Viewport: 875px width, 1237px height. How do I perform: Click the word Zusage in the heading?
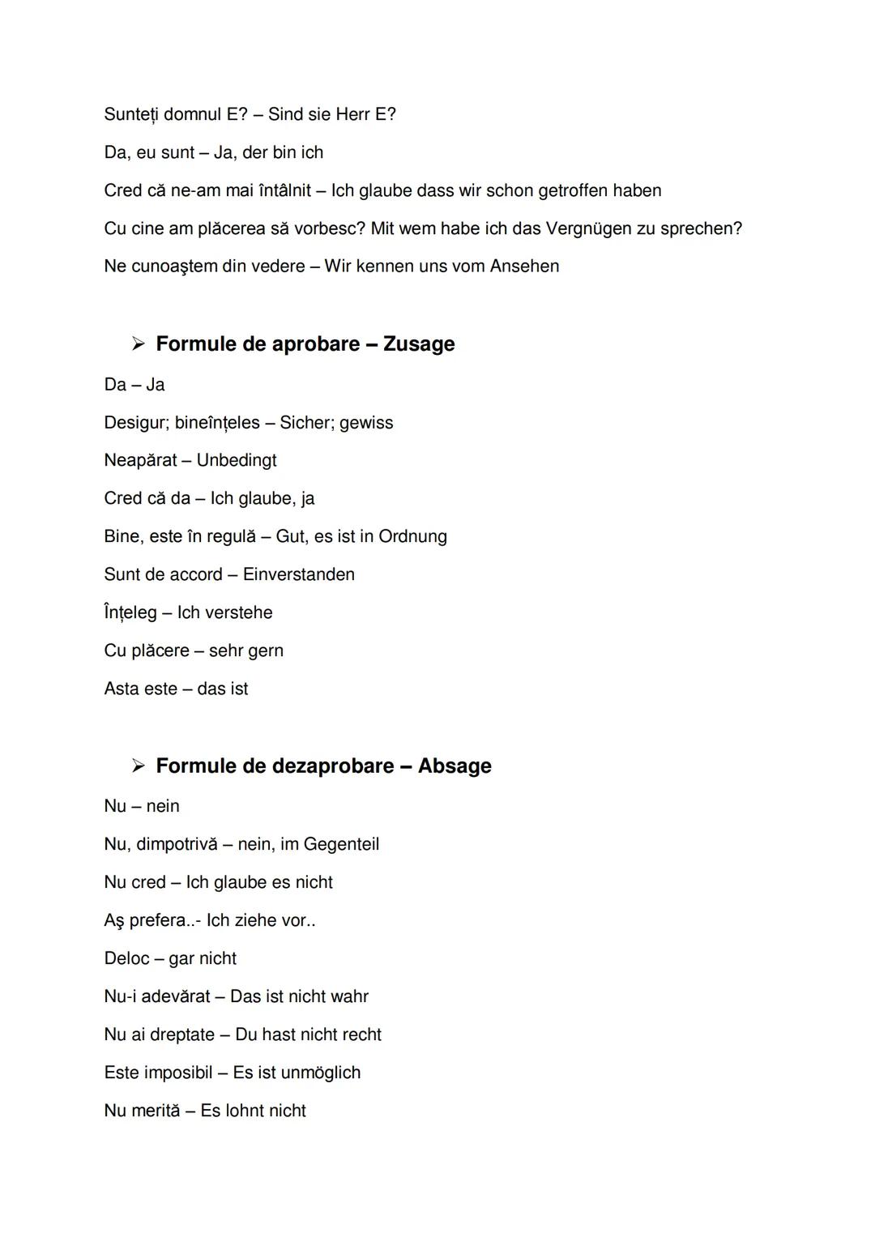[x=419, y=344]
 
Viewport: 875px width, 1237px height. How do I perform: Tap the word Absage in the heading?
[x=455, y=766]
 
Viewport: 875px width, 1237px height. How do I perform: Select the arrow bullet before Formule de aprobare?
[x=139, y=344]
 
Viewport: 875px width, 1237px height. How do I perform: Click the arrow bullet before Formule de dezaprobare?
[x=139, y=766]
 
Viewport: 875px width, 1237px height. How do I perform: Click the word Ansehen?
[x=524, y=267]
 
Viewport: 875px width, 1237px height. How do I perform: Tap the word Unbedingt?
[x=237, y=461]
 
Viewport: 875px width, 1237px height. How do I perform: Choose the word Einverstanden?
[x=299, y=575]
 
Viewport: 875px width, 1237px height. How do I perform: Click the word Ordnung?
[x=412, y=537]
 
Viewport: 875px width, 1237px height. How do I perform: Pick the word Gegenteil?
[x=341, y=845]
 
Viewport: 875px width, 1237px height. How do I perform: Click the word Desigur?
[x=134, y=423]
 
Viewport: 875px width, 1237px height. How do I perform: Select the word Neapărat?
[x=140, y=461]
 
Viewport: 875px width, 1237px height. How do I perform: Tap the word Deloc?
[x=127, y=959]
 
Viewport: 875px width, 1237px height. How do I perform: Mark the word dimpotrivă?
[x=177, y=845]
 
